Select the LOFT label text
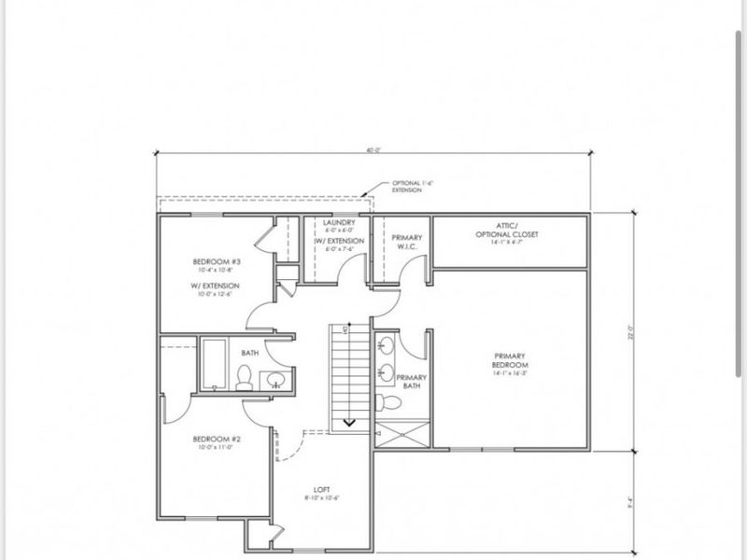pos(322,489)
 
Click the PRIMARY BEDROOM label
pos(511,360)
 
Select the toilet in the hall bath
pos(245,378)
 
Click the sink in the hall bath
pos(275,379)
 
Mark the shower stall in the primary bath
pos(402,435)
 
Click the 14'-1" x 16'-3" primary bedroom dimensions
pos(511,372)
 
